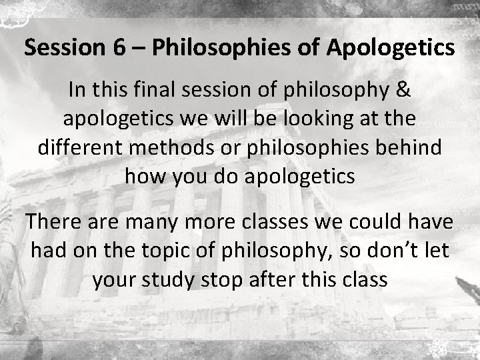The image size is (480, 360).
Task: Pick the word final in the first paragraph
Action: coord(147,90)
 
